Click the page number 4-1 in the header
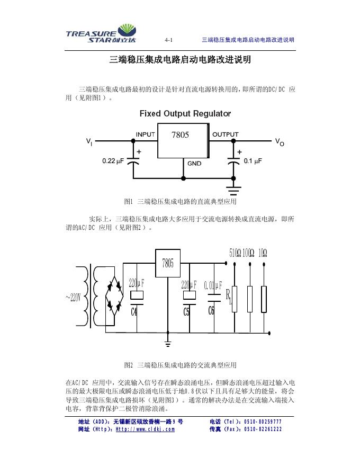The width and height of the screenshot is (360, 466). (169, 40)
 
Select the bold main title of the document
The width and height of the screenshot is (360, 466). (180, 60)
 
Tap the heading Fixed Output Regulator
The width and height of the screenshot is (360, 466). (185, 114)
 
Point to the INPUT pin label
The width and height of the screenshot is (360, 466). (146, 135)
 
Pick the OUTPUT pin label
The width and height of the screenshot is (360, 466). (225, 135)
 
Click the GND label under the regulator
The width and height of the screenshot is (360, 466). (194, 164)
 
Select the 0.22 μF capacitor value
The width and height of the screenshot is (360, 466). (113, 160)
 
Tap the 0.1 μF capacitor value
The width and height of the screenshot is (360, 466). (251, 160)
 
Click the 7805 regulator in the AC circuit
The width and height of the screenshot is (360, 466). (168, 263)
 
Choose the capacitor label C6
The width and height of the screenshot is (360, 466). (211, 311)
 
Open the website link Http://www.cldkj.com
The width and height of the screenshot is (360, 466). (145, 429)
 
